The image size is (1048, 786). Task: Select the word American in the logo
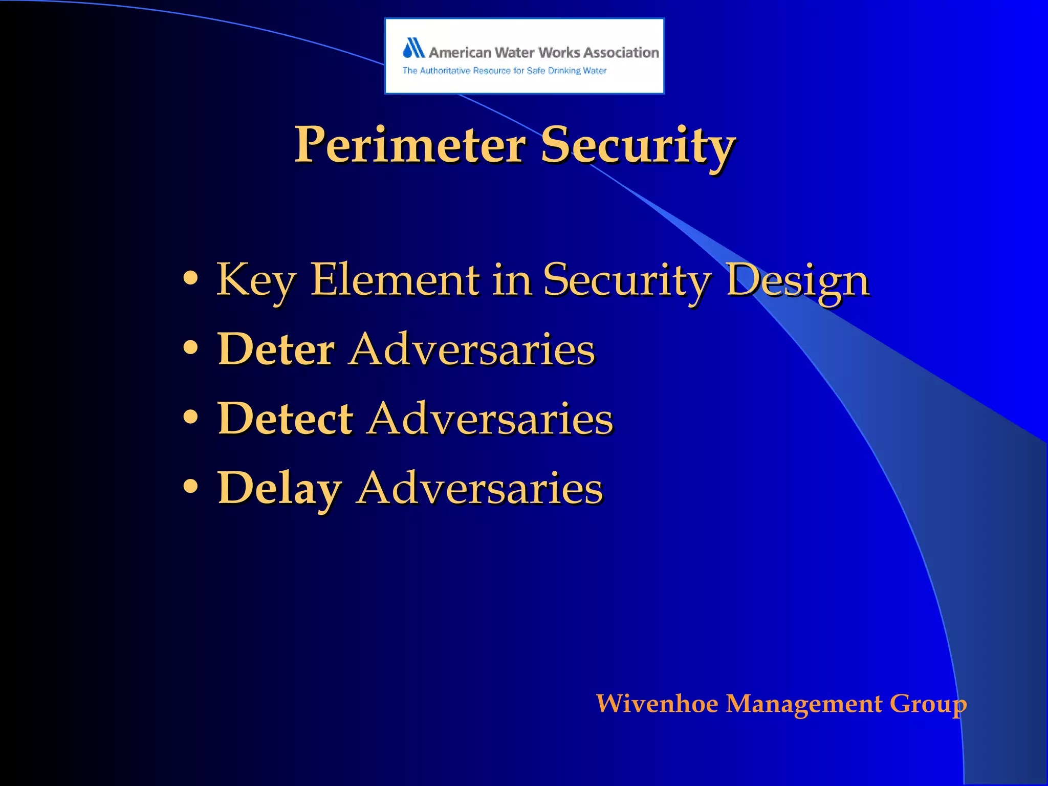pos(460,53)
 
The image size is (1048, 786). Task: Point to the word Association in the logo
pos(621,53)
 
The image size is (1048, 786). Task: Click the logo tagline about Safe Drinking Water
pos(504,71)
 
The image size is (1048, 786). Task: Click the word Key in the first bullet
pos(256,280)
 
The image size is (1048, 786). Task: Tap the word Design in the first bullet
pos(798,281)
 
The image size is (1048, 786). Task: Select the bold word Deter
pos(276,349)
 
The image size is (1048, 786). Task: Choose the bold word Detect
pos(285,418)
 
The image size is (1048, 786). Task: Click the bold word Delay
pos(279,489)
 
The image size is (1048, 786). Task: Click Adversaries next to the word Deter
pos(472,349)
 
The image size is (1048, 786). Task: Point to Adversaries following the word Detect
pos(490,418)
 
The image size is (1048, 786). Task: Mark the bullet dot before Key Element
pos(190,278)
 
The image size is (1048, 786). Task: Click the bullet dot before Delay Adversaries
pos(190,486)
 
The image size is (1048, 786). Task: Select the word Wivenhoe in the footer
pos(657,704)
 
